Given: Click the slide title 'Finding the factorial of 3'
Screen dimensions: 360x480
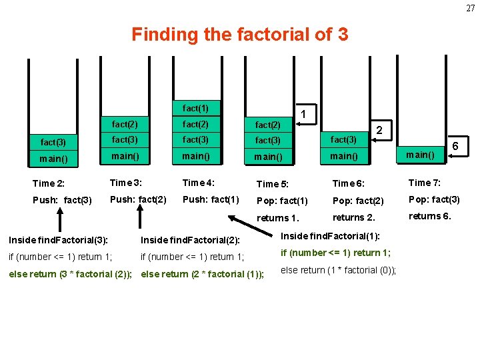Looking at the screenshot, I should pyautogui.click(x=239, y=34).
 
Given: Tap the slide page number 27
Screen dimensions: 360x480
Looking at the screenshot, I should pyautogui.click(x=471, y=8).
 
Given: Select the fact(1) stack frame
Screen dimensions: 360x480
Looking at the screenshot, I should pyautogui.click(x=195, y=108).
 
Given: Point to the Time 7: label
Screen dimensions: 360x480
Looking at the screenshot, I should pyautogui.click(x=425, y=183).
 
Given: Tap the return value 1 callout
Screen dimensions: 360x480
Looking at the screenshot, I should pyautogui.click(x=303, y=114).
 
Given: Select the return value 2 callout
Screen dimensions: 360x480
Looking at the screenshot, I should pyautogui.click(x=379, y=130).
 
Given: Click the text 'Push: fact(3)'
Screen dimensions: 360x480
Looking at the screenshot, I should pyautogui.click(x=63, y=200).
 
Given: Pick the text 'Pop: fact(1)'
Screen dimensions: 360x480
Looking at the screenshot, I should pyautogui.click(x=283, y=201).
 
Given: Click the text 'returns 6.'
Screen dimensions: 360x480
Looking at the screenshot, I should pyautogui.click(x=430, y=215).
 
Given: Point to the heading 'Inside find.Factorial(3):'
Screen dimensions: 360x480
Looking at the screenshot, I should pyautogui.click(x=59, y=239).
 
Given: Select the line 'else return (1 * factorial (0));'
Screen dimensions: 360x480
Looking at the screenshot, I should pyautogui.click(x=339, y=269).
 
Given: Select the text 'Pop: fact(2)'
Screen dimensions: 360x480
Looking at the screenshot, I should pyautogui.click(x=358, y=201).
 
